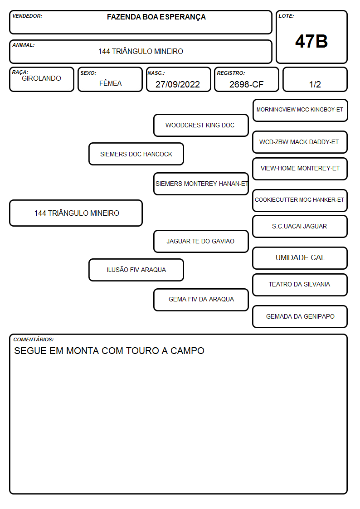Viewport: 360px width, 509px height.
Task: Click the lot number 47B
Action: click(311, 41)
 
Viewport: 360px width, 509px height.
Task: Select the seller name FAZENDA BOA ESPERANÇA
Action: click(156, 17)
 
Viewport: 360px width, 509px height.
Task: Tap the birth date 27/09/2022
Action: click(178, 84)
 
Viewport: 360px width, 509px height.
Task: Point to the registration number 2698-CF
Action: click(246, 84)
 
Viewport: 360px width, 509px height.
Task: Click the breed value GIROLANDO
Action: click(41, 78)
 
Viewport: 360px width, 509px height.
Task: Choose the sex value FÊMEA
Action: click(110, 83)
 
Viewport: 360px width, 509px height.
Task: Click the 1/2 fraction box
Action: click(315, 79)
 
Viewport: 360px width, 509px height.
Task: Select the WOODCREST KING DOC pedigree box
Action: click(201, 125)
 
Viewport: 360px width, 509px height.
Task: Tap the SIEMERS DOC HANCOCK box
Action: click(136, 154)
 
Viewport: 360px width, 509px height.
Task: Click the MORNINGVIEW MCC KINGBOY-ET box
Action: click(300, 111)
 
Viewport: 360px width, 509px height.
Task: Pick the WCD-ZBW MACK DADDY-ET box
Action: click(300, 142)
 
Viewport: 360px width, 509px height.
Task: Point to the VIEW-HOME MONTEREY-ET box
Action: click(300, 169)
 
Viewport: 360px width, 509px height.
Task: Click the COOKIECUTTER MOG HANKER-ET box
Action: click(300, 200)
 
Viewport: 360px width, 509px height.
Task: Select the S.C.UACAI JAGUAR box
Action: click(300, 226)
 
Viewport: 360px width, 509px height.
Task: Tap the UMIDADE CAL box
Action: click(300, 258)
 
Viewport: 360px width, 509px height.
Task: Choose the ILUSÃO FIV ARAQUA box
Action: click(136, 270)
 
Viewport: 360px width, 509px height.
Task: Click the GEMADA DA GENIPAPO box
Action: click(300, 316)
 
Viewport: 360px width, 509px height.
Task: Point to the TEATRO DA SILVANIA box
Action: click(300, 285)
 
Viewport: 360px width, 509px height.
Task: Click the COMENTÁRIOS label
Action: click(34, 339)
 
